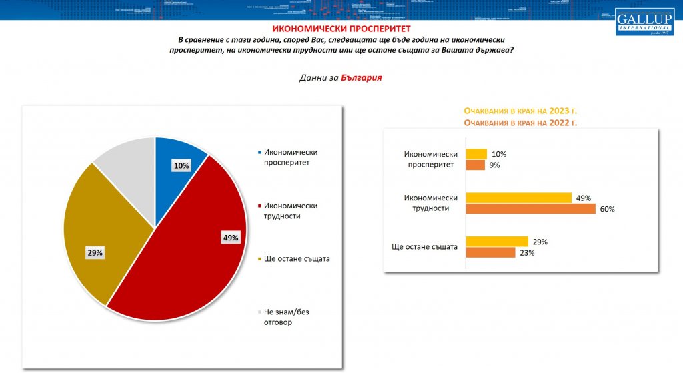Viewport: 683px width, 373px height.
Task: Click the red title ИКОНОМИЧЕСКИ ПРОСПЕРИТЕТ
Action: point(341,29)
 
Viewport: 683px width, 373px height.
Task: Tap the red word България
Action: point(361,77)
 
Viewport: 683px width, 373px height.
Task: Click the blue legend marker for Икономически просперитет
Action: point(258,151)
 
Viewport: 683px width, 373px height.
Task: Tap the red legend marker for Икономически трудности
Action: point(258,206)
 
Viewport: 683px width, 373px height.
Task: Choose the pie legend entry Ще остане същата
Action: point(297,259)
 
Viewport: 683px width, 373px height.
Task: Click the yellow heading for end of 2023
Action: point(520,111)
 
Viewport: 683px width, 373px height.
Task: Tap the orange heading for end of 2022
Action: point(520,123)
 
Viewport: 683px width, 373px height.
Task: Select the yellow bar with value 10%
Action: point(476,155)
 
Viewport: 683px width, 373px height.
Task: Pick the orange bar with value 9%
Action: point(475,165)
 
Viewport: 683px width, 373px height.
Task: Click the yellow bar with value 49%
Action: point(518,198)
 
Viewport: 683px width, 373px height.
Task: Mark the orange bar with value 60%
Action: point(530,209)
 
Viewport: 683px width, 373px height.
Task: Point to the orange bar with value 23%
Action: point(490,252)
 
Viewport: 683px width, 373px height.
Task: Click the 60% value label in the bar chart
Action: point(607,209)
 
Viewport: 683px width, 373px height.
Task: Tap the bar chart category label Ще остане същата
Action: point(425,247)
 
